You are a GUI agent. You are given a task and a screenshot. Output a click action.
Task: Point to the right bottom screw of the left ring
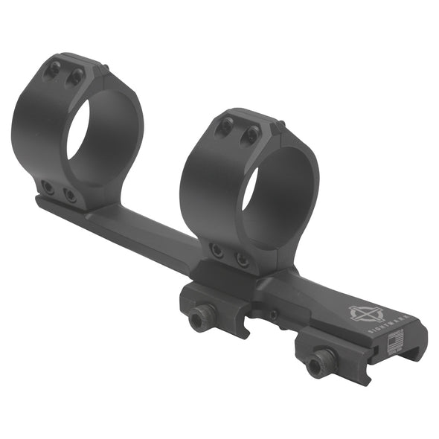[69, 195]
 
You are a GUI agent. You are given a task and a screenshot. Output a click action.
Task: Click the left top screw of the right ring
[225, 127]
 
